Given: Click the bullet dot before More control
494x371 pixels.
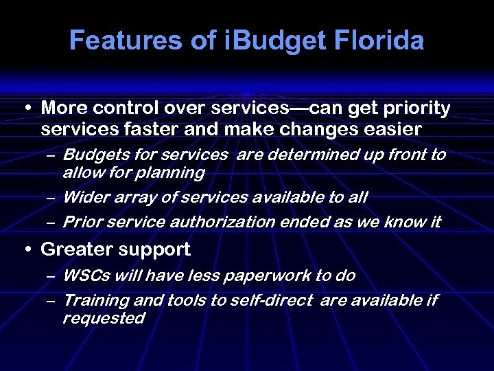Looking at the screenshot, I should pyautogui.click(x=26, y=109).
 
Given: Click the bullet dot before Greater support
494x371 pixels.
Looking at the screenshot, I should pyautogui.click(x=26, y=250).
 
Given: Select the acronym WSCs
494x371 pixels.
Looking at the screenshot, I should pyautogui.click(x=86, y=276).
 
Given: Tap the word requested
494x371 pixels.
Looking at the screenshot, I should pyautogui.click(x=104, y=318).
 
